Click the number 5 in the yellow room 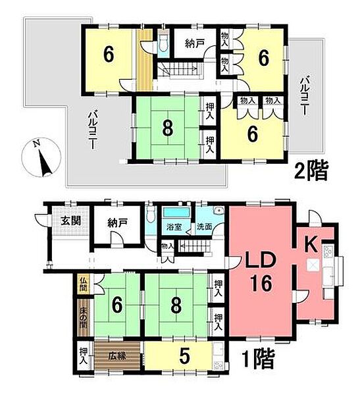pos(185,356)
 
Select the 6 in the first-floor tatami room pos(116,305)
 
